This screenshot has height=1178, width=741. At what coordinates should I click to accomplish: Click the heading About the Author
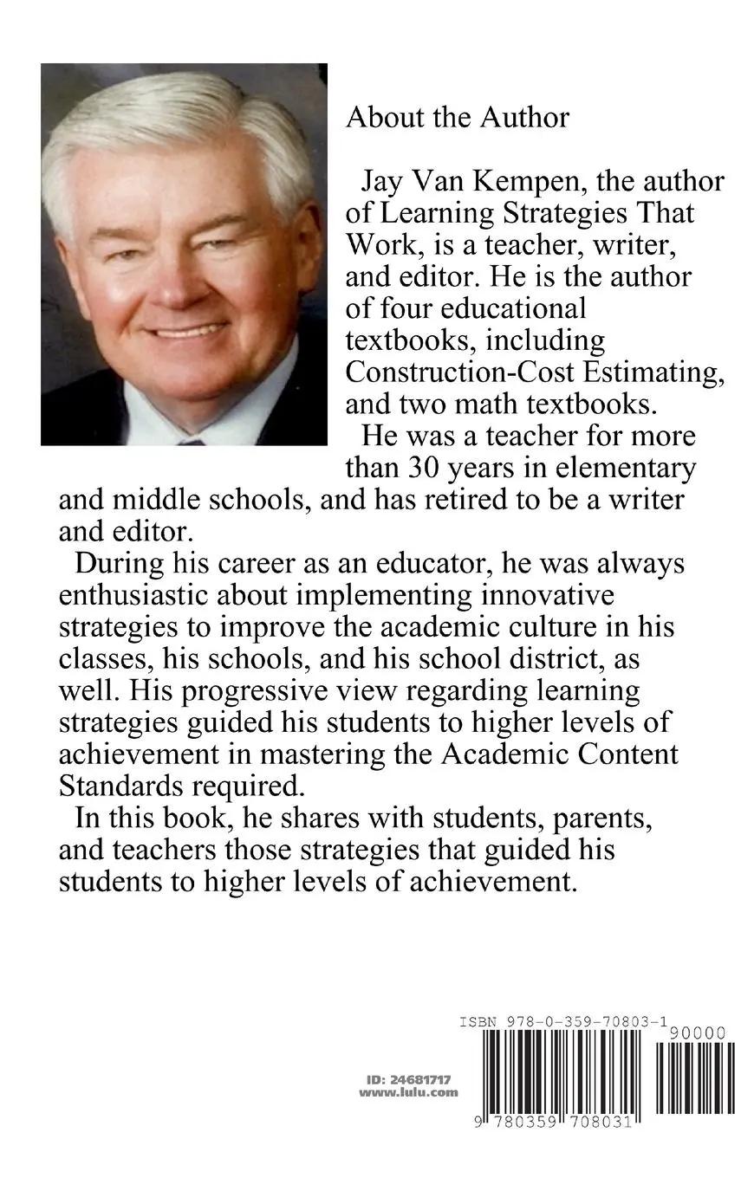point(457,118)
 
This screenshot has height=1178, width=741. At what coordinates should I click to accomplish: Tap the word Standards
point(114,786)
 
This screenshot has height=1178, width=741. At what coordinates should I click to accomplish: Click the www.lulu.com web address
point(408,1093)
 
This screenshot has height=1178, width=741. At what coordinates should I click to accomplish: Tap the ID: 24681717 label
point(408,1080)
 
